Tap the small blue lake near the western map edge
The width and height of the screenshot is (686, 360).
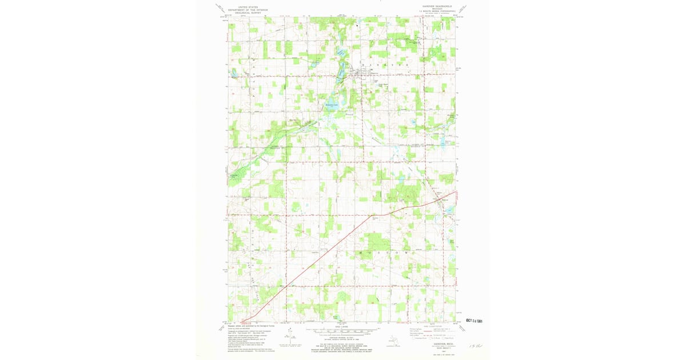coord(235,73)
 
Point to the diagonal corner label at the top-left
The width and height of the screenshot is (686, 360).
coord(219,7)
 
